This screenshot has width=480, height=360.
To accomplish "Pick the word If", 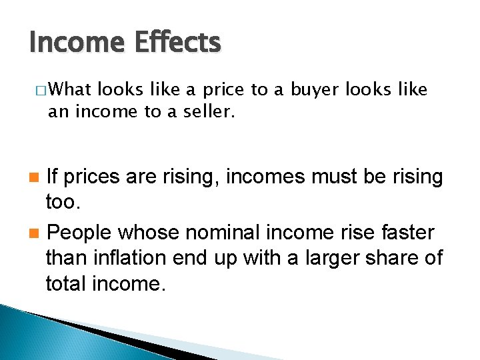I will tap(55, 177).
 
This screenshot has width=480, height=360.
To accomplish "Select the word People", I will tap(80, 233).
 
